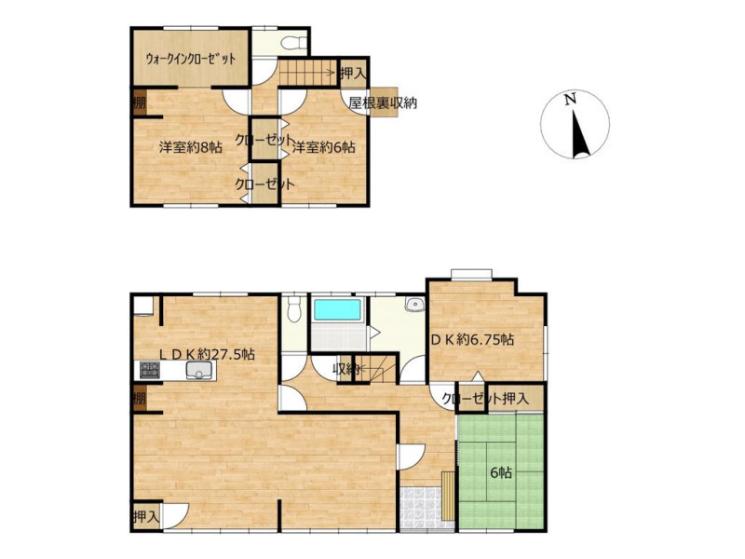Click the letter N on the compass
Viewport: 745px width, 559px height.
(x=570, y=100)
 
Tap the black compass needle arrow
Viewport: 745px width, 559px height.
(x=579, y=134)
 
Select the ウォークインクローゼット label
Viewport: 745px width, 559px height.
(x=191, y=59)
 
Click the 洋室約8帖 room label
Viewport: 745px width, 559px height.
(x=190, y=147)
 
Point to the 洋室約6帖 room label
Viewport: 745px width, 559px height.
(x=323, y=147)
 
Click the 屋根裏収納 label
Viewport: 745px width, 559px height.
(x=383, y=102)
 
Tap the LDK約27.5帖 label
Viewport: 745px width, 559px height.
(x=207, y=354)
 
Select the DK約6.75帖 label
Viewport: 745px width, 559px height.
(x=472, y=339)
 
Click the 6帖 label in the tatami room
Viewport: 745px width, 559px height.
(x=501, y=473)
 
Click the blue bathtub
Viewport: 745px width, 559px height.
(x=336, y=310)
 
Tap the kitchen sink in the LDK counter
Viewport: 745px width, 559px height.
(x=199, y=370)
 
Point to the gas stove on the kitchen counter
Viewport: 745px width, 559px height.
(x=150, y=370)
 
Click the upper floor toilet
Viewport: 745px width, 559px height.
(x=294, y=44)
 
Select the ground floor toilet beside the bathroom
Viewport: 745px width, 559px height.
(x=294, y=308)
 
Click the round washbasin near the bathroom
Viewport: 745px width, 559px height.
(x=415, y=305)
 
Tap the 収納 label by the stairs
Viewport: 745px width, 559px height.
(x=345, y=368)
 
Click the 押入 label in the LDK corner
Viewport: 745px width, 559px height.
(x=146, y=516)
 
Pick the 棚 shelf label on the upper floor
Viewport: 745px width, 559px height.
(x=139, y=102)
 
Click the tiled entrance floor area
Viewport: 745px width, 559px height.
(x=421, y=507)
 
